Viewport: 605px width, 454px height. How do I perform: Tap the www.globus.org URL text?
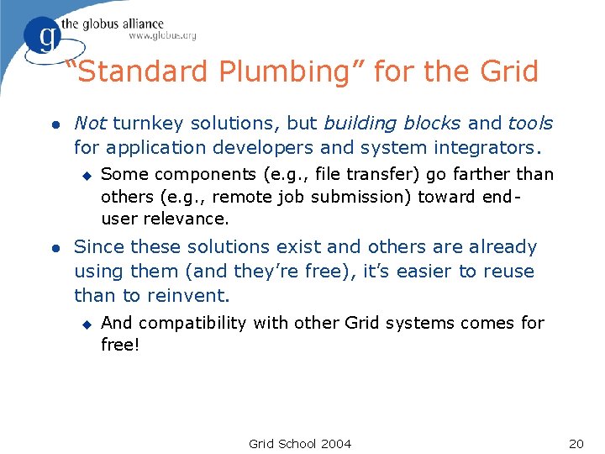162,35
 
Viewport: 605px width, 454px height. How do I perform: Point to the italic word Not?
90,124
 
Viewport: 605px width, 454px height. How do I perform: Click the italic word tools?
530,124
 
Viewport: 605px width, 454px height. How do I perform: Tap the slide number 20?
576,444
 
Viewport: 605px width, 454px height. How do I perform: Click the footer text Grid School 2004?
300,444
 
